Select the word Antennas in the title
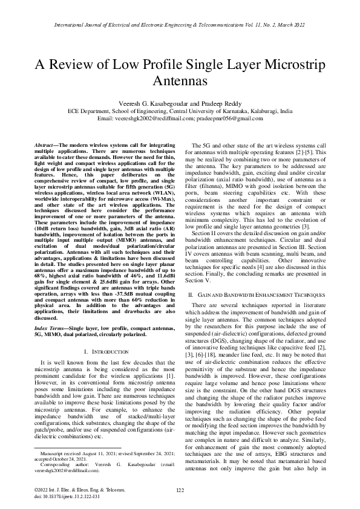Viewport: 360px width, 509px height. pyautogui.click(x=180, y=80)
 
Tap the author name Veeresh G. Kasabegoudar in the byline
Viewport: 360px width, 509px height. pyautogui.click(x=153, y=103)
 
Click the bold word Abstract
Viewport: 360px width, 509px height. pyautogui.click(x=45, y=146)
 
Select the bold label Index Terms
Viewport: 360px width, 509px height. pyautogui.click(x=50, y=327)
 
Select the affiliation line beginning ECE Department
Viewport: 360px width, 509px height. pyautogui.click(x=180, y=111)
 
